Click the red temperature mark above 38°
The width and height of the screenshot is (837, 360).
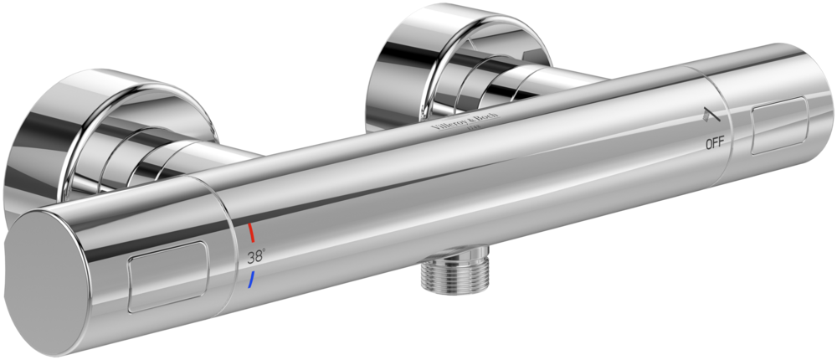pyautogui.click(x=250, y=232)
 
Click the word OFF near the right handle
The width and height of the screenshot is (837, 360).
pyautogui.click(x=715, y=143)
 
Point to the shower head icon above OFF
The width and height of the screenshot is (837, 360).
pyautogui.click(x=711, y=116)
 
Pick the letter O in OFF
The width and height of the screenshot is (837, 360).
pyautogui.click(x=709, y=144)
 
